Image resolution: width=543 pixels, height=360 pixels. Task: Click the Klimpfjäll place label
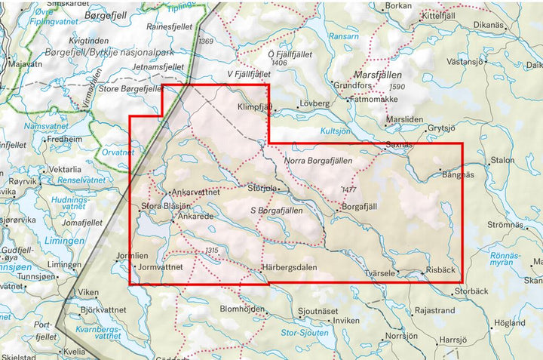[253, 108]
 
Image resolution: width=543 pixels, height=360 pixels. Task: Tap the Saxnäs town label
[399, 143]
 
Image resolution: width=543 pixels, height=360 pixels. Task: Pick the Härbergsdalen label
[289, 268]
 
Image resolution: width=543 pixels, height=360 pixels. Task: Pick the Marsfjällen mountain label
[377, 76]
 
